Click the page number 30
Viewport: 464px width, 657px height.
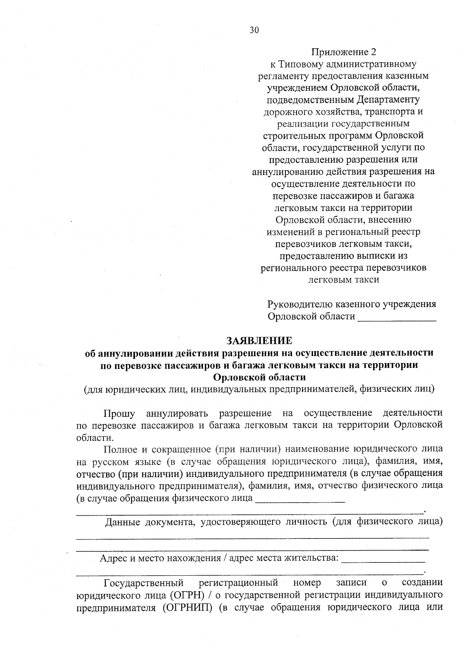tap(254, 31)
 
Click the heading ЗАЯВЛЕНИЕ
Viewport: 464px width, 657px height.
tap(259, 341)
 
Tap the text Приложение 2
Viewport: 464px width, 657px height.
tap(343, 52)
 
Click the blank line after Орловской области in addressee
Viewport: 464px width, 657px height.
tap(397, 317)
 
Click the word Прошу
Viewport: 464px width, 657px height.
tap(119, 413)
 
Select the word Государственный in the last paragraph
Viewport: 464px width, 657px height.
tap(143, 583)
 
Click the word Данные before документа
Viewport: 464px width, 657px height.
tap(123, 522)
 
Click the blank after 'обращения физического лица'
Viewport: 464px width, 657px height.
tap(300, 499)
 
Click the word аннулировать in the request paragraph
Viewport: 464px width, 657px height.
tap(177, 413)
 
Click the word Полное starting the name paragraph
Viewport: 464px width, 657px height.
tap(120, 449)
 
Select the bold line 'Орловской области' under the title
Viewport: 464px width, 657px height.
tap(259, 377)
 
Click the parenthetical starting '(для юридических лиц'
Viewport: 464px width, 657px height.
tap(259, 389)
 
